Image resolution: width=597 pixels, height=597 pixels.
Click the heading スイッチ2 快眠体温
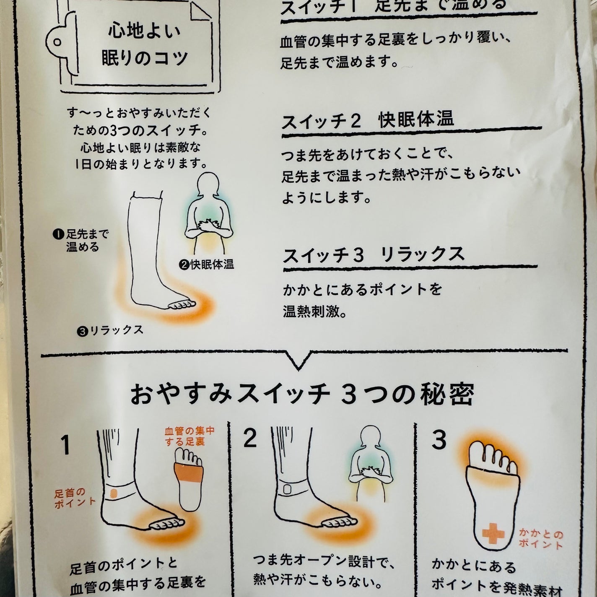coord(368,121)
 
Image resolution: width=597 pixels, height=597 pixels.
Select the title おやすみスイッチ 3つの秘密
coord(302,395)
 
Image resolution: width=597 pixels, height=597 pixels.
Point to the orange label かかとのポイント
coord(540,538)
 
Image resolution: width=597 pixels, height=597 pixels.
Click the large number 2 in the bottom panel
coord(250,439)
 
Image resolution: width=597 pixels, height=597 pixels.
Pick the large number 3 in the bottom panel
coord(439,440)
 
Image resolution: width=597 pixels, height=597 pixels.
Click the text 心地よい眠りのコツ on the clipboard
coord(144,45)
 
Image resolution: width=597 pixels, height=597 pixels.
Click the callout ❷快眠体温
coord(206,265)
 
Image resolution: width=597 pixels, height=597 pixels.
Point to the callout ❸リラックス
coord(110,330)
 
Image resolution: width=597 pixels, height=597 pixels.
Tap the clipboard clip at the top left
coord(57,42)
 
